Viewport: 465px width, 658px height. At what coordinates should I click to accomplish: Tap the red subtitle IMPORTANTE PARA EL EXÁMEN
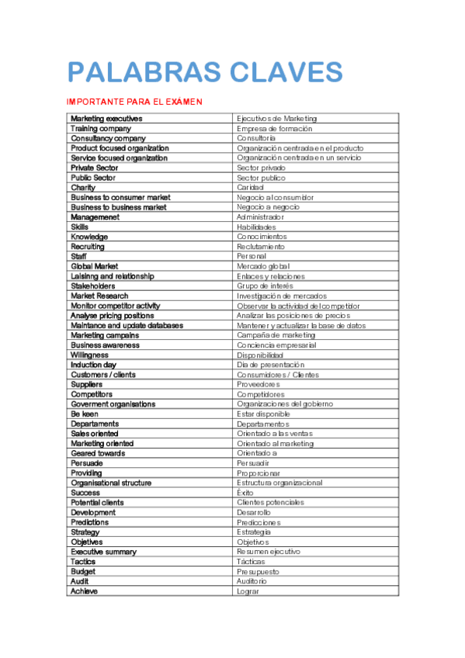134,102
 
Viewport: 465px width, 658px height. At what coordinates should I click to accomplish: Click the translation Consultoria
256,138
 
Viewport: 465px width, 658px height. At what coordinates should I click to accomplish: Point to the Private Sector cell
95,168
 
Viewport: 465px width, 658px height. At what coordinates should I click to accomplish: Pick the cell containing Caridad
251,187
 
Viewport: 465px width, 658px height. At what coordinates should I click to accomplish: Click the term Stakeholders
92,286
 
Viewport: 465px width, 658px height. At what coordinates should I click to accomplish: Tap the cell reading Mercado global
263,266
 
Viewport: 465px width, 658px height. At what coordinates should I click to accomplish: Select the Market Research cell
99,296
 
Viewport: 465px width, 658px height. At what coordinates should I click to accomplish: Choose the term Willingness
89,355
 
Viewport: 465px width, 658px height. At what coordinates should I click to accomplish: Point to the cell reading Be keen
85,414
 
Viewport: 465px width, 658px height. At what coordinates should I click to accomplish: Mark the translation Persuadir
254,463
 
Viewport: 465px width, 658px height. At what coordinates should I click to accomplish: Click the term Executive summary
103,552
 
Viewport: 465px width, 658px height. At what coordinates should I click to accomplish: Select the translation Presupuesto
259,571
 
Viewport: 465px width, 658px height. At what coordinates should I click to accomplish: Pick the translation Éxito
245,493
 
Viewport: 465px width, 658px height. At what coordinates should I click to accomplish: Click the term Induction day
94,365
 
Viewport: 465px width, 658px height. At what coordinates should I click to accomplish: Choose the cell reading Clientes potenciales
270,502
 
